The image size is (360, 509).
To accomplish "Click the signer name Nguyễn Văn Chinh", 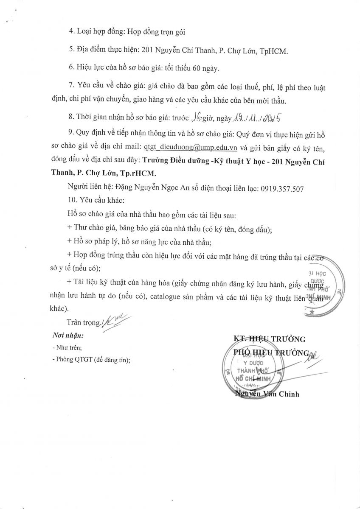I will [267, 394].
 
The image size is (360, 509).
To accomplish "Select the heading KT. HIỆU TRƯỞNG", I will [270, 338].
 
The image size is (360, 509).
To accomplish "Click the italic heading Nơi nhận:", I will [67, 335].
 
